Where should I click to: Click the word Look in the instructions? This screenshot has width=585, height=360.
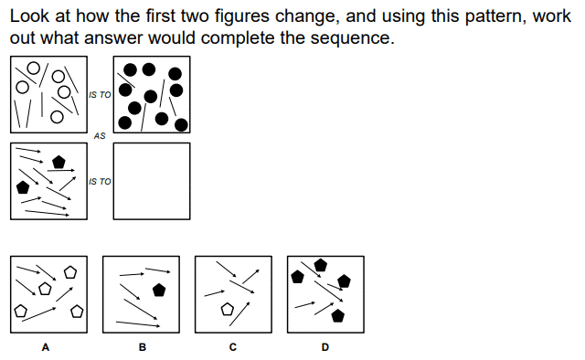29,16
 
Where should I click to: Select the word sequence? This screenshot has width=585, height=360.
352,38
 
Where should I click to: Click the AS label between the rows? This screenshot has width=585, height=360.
100,136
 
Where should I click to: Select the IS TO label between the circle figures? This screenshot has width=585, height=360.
100,95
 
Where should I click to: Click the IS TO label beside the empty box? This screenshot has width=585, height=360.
100,181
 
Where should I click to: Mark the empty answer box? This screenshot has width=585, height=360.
152,181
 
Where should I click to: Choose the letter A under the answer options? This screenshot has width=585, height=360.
46,347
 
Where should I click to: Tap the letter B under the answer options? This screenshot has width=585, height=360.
143,347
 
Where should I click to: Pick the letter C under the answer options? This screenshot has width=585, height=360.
233,347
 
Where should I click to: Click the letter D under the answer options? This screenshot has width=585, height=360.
325,347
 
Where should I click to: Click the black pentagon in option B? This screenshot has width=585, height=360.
159,291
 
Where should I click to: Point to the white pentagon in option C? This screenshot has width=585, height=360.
228,309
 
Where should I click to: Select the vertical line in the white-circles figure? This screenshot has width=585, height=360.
42,104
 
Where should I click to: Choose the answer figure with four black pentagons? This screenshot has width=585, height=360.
325,294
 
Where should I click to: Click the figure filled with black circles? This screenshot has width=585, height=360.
152,94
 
